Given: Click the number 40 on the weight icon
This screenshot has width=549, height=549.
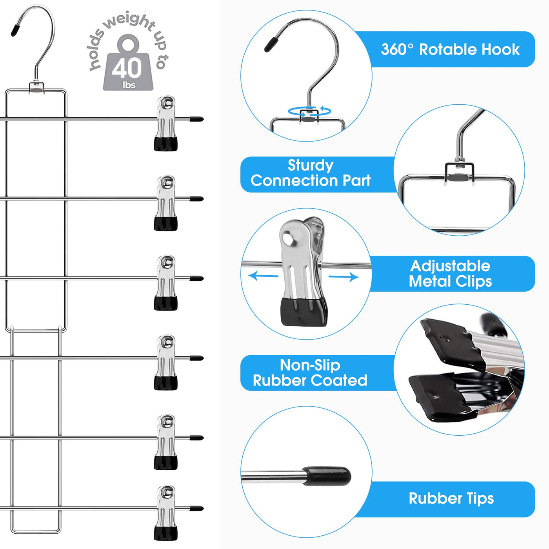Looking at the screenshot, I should click(127, 68).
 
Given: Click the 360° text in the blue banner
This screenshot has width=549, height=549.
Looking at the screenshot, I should click(397, 50).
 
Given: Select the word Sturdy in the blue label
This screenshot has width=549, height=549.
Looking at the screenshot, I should click(311, 165).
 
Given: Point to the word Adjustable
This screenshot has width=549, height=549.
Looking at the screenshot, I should click(450, 266).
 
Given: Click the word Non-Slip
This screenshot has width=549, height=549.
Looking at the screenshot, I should click(310, 365).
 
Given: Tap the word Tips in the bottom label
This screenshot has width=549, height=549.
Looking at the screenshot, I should click(480, 498).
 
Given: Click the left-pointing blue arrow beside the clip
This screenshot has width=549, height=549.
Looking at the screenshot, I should click(263, 276).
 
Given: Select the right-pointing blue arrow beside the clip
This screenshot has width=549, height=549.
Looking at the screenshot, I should click(344, 277).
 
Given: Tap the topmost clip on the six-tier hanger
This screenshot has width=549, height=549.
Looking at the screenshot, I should click(166, 123).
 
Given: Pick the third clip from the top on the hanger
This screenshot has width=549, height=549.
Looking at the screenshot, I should click(166, 283).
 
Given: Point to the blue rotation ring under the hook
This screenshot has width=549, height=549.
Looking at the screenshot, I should click(309, 111).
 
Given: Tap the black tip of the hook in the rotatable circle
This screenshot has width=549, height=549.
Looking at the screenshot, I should click(271, 44).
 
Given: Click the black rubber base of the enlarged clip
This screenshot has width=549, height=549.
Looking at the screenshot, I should click(304, 312).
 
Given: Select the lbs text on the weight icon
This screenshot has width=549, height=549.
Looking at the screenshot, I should click(129, 85).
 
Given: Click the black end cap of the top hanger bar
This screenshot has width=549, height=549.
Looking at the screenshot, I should click(196, 119).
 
